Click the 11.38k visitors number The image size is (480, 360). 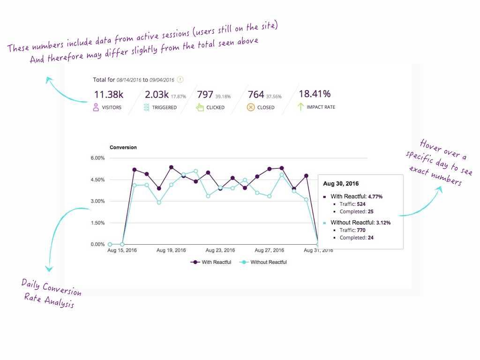pyautogui.click(x=109, y=95)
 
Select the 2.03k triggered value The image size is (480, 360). pyautogui.click(x=157, y=95)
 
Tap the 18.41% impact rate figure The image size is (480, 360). pyautogui.click(x=315, y=95)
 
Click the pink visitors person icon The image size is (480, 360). pyautogui.click(x=96, y=107)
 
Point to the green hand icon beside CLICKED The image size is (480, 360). pyautogui.click(x=200, y=107)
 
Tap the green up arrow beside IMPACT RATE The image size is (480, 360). pyautogui.click(x=300, y=107)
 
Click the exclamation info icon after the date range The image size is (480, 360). pyautogui.click(x=180, y=80)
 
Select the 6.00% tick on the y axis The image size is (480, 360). pyautogui.click(x=97, y=158)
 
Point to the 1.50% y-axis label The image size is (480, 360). pyautogui.click(x=97, y=223)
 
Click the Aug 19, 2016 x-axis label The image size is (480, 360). pyautogui.click(x=172, y=250)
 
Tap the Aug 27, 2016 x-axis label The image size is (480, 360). pyautogui.click(x=270, y=250)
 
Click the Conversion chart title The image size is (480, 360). pyautogui.click(x=123, y=147)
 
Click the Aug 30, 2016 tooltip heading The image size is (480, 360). pyautogui.click(x=341, y=184)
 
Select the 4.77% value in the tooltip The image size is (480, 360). pyautogui.click(x=375, y=196)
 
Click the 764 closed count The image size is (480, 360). pyautogui.click(x=256, y=95)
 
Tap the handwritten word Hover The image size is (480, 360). pyautogui.click(x=431, y=146)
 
